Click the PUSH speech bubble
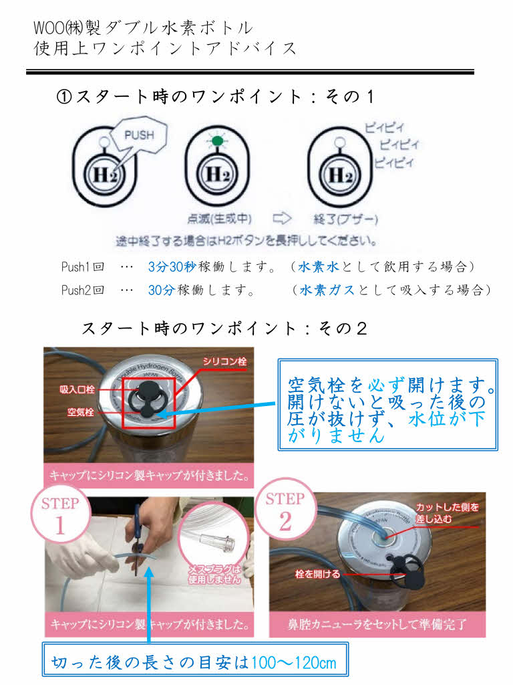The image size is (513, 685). point(139,135)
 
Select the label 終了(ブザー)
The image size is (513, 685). point(345,218)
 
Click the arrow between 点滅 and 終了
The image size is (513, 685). point(282,218)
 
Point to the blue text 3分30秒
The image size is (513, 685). point(171,267)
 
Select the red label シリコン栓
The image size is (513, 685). point(225,362)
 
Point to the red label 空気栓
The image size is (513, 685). point(79,411)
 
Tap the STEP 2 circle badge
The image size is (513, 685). point(285,512)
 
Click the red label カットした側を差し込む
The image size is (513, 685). point(448,512)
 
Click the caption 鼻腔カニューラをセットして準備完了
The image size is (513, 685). point(377,625)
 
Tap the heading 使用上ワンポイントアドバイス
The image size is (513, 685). point(165,49)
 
